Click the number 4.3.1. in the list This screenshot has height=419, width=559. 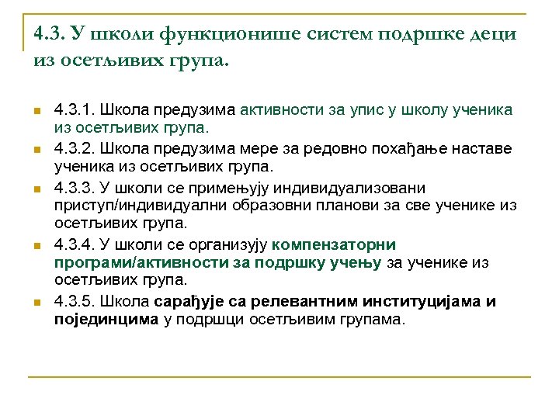click(73, 109)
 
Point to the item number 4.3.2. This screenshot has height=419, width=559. click(73, 148)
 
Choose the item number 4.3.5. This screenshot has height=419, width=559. click(73, 302)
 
